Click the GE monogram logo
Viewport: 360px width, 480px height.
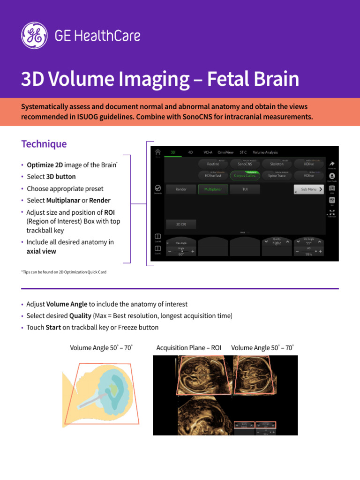[x=34, y=35]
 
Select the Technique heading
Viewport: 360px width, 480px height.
[x=44, y=144]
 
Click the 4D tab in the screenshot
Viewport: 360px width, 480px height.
[x=190, y=152]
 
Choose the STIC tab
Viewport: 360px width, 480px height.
[x=243, y=152]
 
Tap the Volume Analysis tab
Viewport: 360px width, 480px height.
[x=265, y=152]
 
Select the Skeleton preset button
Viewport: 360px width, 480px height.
[x=277, y=164]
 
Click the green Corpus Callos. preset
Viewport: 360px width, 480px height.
[x=245, y=176]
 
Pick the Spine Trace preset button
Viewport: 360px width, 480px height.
[x=277, y=176]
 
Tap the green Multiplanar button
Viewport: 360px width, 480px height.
[x=213, y=189]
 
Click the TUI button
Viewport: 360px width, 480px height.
[x=245, y=189]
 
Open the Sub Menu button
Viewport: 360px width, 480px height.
[x=308, y=189]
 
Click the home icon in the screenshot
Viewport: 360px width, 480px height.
[x=158, y=152]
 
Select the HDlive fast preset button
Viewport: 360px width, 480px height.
[x=213, y=176]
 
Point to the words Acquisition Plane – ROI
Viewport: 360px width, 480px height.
[x=188, y=348]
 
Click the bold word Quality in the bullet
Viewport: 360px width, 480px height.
[x=80, y=316]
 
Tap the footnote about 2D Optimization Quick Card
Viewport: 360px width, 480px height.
[x=64, y=272]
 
